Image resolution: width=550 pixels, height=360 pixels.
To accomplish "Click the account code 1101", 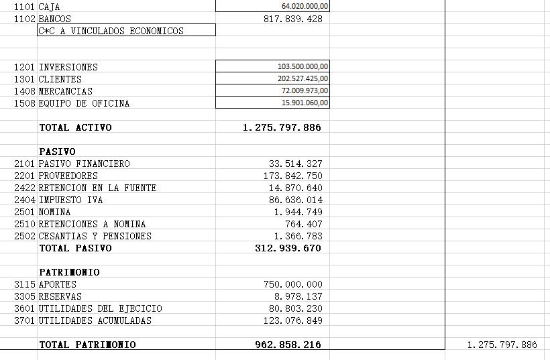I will click(x=25, y=7).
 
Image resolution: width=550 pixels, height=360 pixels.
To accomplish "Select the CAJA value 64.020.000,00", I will click(x=305, y=6).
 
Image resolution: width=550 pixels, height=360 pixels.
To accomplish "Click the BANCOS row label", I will click(x=54, y=19).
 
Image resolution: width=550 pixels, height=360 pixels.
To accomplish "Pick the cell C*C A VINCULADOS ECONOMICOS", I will click(x=111, y=31).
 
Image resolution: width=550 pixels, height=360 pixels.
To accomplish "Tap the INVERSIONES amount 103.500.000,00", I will click(x=302, y=67).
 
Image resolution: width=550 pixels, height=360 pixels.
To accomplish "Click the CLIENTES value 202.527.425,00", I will click(x=302, y=79).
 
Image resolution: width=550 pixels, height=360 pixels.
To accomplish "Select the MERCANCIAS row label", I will click(x=66, y=91).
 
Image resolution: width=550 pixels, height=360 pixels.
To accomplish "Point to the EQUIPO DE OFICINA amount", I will click(x=305, y=103).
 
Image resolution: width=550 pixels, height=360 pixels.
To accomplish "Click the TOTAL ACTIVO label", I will click(x=75, y=127).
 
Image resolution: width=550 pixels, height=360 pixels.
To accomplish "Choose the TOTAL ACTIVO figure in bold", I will click(x=282, y=127).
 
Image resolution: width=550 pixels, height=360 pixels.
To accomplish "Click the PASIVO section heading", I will click(x=57, y=152).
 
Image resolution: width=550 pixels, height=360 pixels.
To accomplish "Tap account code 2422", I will click(x=25, y=188).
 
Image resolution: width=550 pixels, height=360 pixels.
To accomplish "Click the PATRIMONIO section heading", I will click(x=69, y=272).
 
